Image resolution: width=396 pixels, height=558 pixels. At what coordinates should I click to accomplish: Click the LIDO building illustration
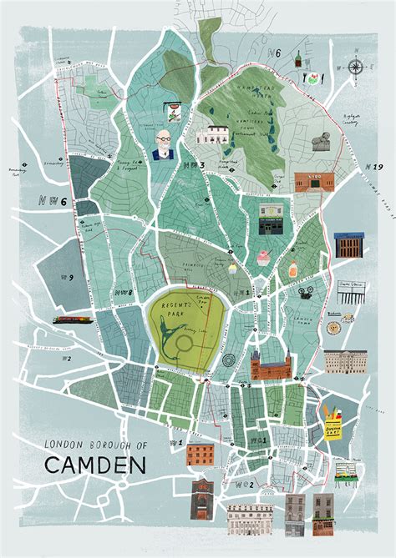click(x=313, y=181)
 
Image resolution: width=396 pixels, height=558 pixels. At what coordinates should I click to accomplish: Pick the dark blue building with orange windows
click(x=348, y=245)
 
